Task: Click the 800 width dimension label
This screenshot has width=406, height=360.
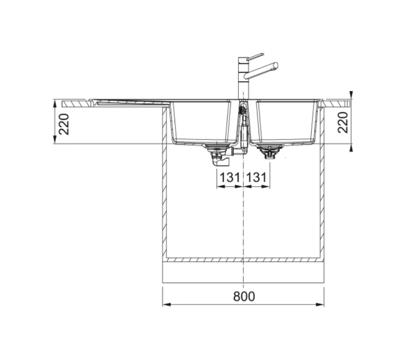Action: pos(244,296)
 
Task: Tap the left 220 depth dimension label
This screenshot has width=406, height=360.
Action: pos(64,124)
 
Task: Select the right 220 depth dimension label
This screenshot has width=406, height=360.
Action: pos(343,122)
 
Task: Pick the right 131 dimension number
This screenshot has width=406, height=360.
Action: pos(256,178)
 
